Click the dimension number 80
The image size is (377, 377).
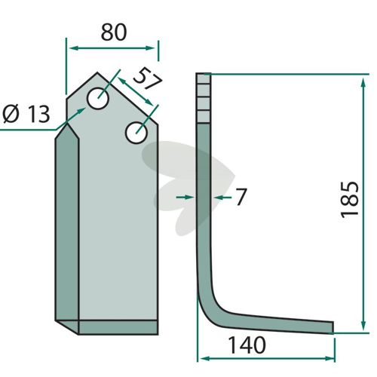pyautogui.click(x=114, y=32)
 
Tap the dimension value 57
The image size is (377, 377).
pyautogui.click(x=148, y=78)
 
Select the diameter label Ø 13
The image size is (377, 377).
pyautogui.click(x=26, y=114)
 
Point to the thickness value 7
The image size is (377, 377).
pyautogui.click(x=241, y=197)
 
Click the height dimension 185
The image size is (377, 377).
pyautogui.click(x=349, y=199)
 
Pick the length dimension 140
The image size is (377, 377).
pyautogui.click(x=247, y=345)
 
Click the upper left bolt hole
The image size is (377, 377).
pyautogui.click(x=98, y=99)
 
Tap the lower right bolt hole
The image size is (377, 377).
pyautogui.click(x=136, y=133)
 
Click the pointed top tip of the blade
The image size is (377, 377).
pyautogui.click(x=97, y=73)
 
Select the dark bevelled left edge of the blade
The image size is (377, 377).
pyautogui.click(x=67, y=224)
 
